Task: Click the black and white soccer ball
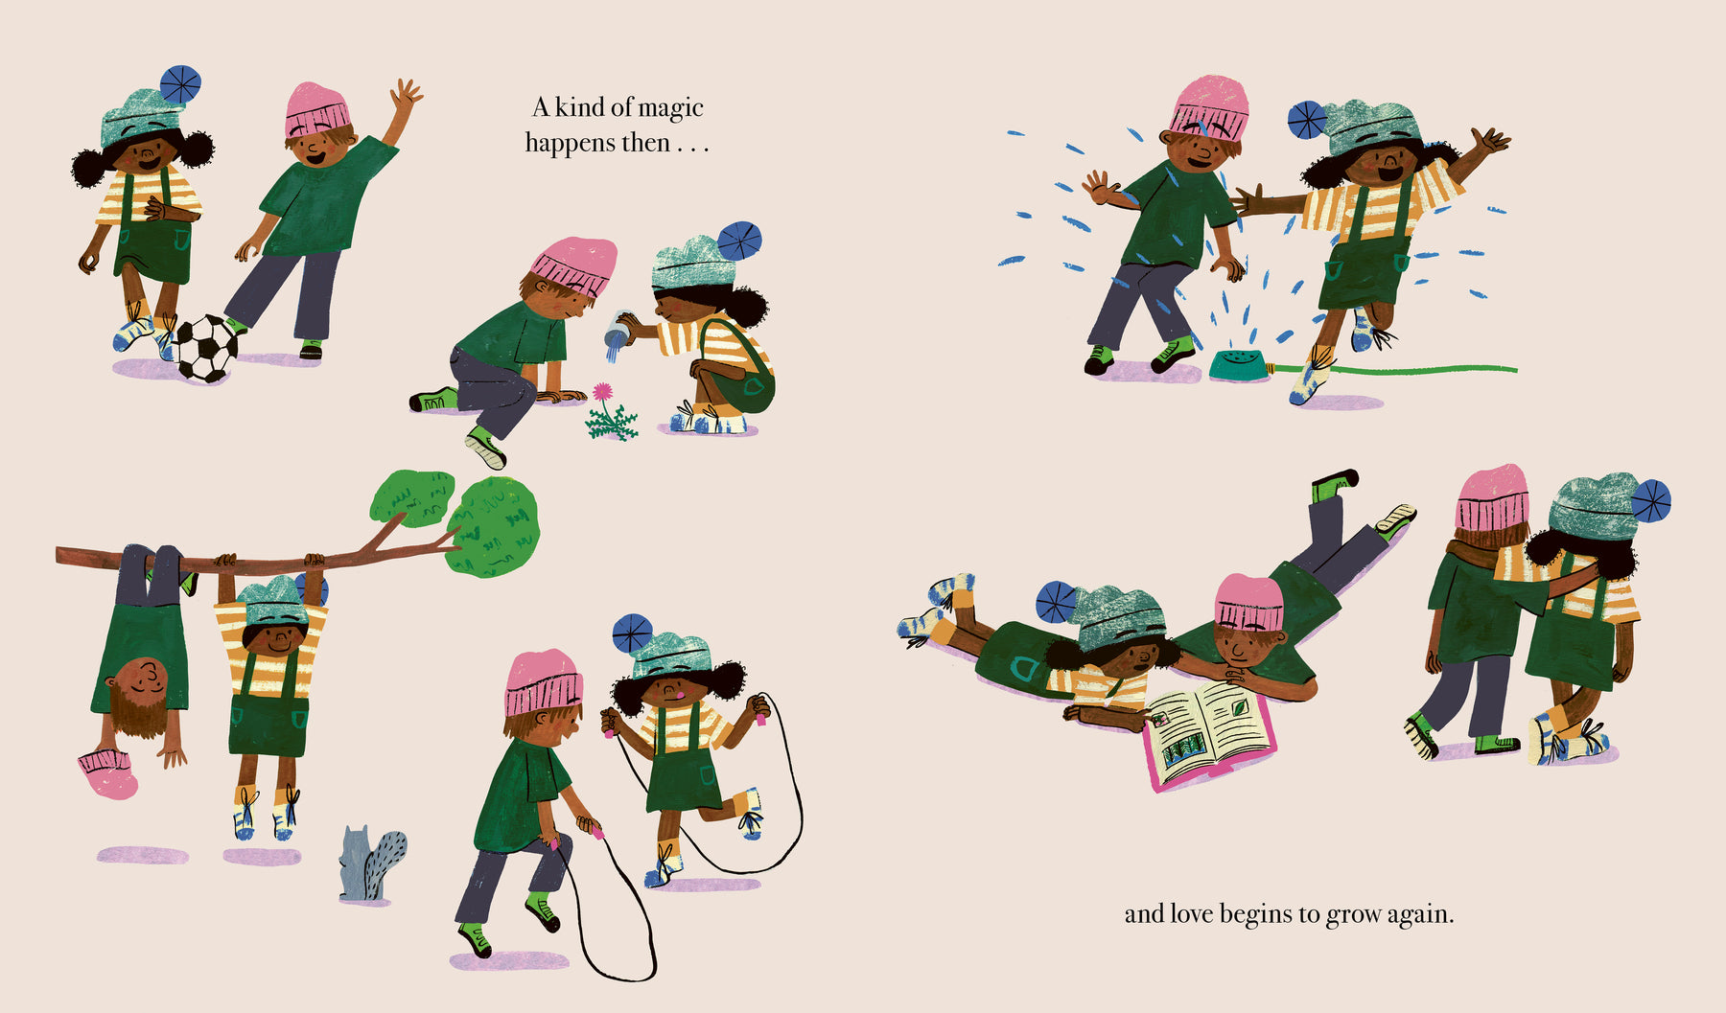tap(205, 348)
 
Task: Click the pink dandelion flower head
tap(602, 391)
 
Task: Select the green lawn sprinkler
tap(1238, 363)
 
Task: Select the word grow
tap(1353, 915)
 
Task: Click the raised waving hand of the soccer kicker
tap(406, 95)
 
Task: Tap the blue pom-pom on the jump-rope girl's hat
tap(632, 633)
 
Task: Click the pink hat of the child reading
tap(1248, 602)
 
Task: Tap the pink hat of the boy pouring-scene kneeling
tap(574, 264)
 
